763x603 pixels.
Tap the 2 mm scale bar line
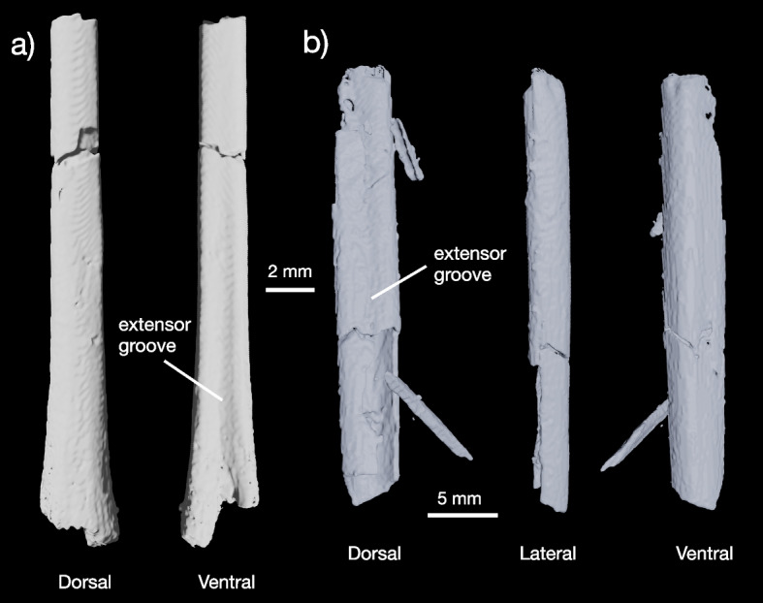pos(290,289)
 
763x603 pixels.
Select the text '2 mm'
pos(290,271)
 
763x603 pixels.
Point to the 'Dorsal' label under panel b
pos(374,555)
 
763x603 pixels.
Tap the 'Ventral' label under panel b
pos(703,555)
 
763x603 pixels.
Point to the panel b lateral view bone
pos(546,291)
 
